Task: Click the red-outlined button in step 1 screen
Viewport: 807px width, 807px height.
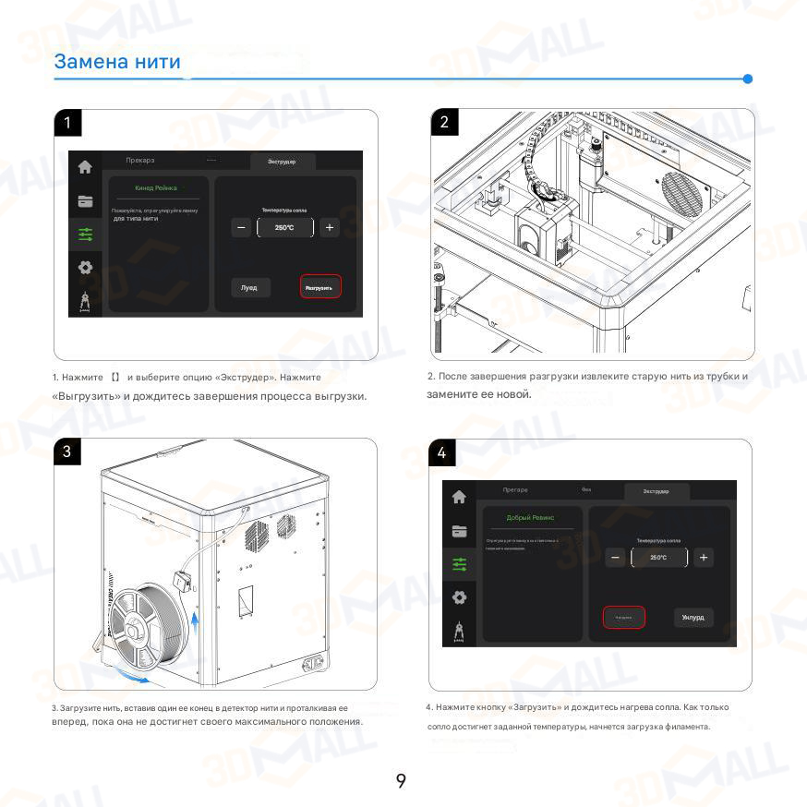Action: (320, 287)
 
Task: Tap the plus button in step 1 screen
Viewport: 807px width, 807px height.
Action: (330, 227)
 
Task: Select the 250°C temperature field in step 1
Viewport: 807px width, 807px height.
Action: (284, 227)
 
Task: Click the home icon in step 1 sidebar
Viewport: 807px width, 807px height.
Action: (85, 168)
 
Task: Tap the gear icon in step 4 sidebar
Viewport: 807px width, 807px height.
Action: (459, 597)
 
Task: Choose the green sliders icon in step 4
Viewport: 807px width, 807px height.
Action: (459, 564)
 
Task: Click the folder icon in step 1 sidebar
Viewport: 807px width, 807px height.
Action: (85, 201)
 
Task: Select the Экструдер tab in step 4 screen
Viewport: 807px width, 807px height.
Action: (656, 491)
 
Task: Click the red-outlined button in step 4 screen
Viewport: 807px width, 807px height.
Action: (623, 618)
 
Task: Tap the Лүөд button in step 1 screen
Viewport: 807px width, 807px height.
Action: (249, 287)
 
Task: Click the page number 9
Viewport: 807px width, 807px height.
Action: (401, 781)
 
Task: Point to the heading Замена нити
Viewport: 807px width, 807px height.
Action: (117, 62)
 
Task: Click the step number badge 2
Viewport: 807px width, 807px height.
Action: (444, 122)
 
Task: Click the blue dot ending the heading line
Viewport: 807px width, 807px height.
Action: (748, 78)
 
